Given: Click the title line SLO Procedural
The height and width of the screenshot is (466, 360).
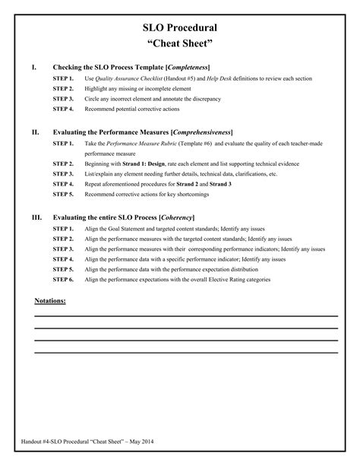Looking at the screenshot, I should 180,27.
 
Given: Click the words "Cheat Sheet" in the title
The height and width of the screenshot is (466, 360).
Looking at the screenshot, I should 180,45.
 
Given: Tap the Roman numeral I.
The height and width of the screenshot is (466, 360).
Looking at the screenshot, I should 34,68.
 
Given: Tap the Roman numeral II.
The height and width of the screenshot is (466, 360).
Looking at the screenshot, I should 35,132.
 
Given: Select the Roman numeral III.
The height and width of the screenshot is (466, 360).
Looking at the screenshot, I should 36,217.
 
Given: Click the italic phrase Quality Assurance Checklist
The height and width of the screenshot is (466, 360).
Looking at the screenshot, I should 125,79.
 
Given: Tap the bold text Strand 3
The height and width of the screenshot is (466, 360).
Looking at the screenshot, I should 220,183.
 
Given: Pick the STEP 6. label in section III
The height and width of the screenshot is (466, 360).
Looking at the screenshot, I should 63,279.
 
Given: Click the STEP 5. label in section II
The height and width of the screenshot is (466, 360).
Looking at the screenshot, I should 63,194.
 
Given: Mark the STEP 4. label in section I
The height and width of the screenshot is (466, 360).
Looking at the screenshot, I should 63,109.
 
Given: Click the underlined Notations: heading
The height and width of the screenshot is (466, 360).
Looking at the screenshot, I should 50,301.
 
